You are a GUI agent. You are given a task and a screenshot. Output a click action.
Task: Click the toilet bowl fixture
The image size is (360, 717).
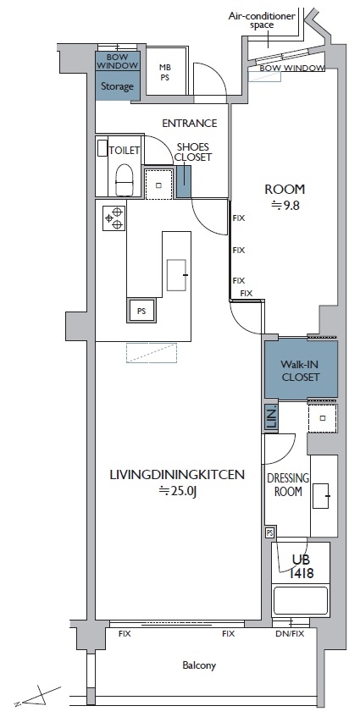[124, 179]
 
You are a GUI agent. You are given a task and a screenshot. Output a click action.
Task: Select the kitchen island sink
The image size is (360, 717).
[176, 275]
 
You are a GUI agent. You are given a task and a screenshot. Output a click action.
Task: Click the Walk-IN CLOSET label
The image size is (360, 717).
[300, 371]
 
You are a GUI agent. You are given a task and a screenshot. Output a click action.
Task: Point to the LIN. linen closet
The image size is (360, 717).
[272, 418]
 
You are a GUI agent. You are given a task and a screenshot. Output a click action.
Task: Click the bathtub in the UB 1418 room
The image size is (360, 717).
[301, 600]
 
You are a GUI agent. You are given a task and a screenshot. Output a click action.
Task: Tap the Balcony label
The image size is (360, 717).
[199, 665]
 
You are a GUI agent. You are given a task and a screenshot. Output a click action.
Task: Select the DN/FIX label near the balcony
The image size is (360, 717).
[290, 634]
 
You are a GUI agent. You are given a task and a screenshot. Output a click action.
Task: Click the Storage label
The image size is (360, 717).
[117, 86]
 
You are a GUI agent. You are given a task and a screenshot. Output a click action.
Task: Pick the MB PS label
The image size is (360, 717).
[164, 72]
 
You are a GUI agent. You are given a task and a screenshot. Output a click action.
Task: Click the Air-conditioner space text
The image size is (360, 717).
[262, 20]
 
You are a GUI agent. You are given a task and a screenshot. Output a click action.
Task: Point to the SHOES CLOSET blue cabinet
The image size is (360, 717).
[184, 181]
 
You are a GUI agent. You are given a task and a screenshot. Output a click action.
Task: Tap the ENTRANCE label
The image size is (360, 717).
[190, 123]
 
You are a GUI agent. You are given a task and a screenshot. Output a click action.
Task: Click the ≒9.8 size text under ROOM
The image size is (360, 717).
[285, 206]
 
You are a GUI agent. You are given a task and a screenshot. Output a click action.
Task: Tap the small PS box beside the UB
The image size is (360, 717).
[270, 532]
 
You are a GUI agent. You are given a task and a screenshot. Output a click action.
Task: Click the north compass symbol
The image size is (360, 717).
[37, 696]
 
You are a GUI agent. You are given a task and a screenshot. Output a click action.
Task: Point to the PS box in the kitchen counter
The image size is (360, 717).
[141, 311]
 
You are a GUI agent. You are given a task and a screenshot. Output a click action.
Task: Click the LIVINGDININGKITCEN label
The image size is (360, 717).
[177, 474]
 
